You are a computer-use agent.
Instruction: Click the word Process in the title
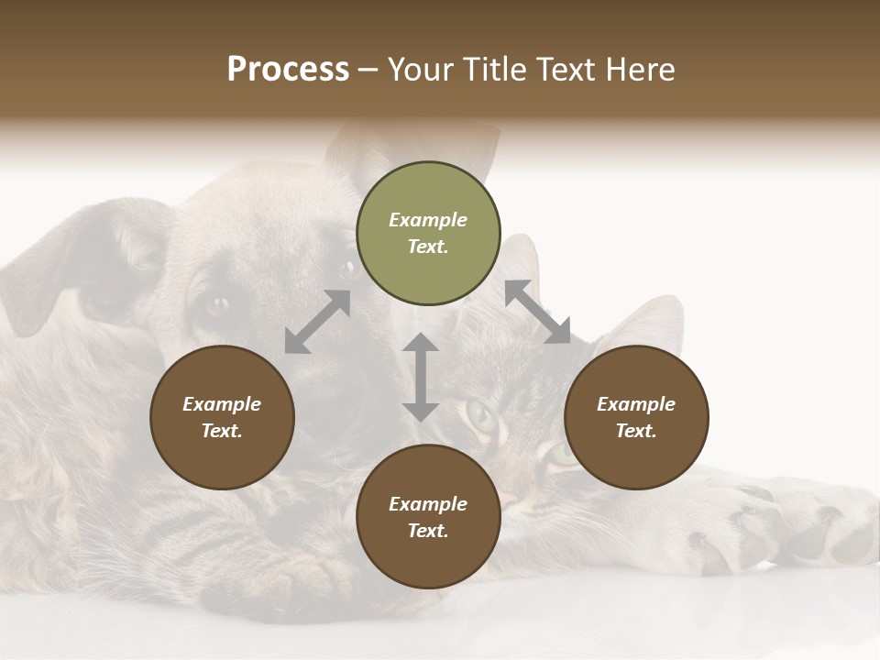click(288, 70)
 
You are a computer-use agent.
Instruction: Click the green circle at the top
click(428, 234)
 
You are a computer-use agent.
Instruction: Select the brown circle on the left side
click(222, 417)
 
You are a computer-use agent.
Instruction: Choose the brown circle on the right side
click(635, 417)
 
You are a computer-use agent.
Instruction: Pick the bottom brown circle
click(428, 517)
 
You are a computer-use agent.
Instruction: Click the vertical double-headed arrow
click(421, 377)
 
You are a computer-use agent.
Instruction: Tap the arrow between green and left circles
click(317, 322)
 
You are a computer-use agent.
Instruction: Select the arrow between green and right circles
click(537, 313)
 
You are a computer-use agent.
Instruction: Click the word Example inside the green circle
click(428, 220)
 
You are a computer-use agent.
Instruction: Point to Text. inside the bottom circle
click(428, 531)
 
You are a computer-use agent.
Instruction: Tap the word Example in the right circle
click(635, 404)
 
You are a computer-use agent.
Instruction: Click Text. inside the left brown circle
click(222, 431)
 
